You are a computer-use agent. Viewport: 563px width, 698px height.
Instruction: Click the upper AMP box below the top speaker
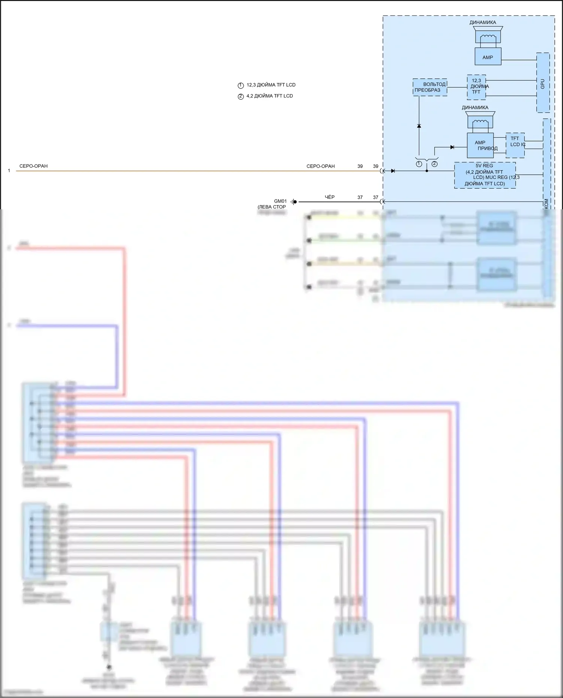[488, 57]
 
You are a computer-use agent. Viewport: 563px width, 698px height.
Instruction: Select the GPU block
[543, 83]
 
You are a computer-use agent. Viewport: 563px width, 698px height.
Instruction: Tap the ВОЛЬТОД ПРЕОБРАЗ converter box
[430, 87]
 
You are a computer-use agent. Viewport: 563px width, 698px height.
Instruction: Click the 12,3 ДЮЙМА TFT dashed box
[476, 87]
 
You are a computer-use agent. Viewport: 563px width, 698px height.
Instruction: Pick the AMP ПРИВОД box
[480, 145]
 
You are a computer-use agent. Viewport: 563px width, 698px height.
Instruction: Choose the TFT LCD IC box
[515, 145]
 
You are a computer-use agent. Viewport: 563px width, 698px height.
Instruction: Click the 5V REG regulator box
[485, 175]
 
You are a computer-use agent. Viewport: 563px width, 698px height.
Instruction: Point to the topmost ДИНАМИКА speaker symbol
[488, 36]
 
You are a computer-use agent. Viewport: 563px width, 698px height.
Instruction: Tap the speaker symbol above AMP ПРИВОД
[480, 121]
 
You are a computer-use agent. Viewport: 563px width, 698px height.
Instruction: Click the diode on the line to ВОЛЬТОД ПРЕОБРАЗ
[419, 126]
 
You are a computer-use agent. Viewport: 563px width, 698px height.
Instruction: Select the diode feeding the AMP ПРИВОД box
[452, 147]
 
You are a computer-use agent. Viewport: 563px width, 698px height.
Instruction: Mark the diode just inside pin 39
[393, 171]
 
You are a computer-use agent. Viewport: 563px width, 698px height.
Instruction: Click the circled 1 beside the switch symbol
[419, 164]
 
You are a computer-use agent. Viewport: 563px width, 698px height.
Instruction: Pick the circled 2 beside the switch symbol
[434, 164]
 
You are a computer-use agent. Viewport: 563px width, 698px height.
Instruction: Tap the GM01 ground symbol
[294, 202]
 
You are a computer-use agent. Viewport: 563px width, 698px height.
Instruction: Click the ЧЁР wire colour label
[330, 197]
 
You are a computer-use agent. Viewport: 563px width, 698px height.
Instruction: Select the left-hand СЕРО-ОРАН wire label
[33, 166]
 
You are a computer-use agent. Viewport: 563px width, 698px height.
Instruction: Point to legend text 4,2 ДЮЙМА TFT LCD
[269, 96]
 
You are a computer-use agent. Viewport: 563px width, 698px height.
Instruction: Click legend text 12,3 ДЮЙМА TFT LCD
[271, 85]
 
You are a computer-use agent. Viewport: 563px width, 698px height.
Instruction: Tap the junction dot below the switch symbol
[427, 171]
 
